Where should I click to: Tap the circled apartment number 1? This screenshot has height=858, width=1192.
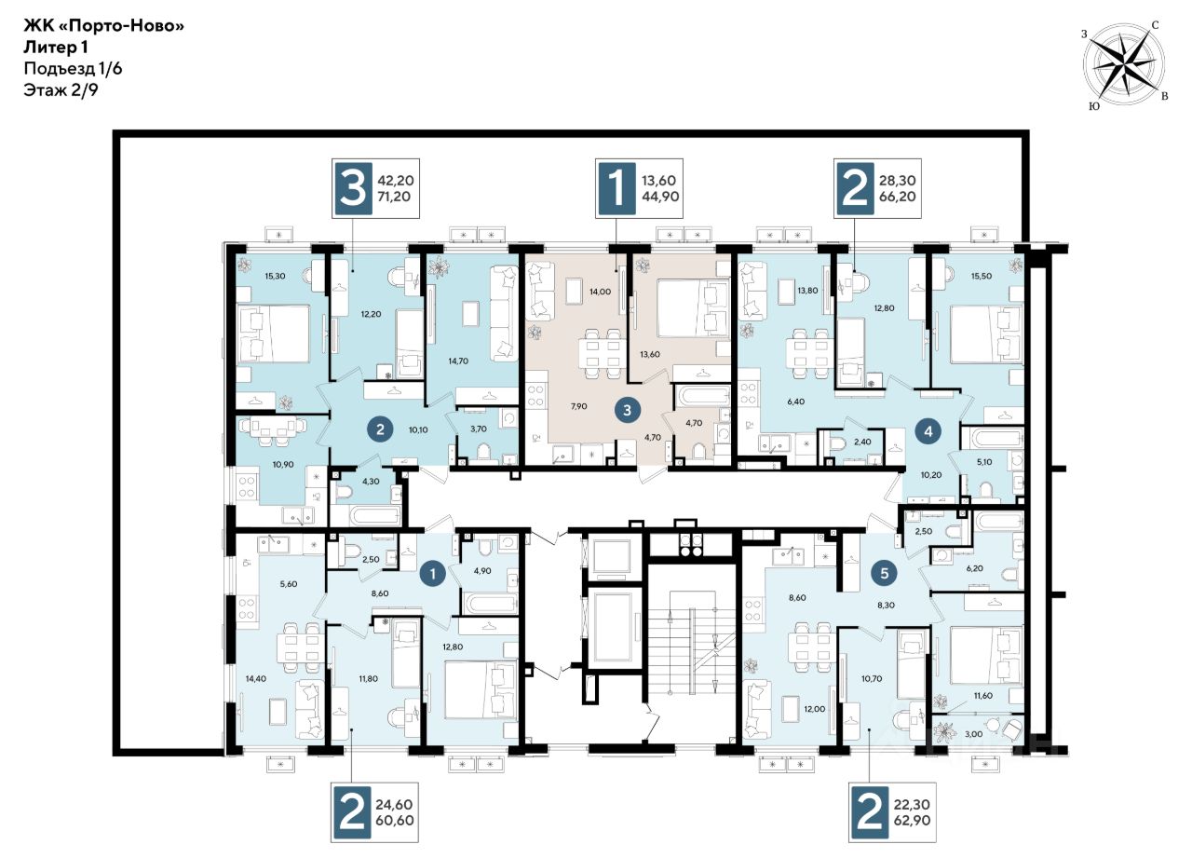(433, 574)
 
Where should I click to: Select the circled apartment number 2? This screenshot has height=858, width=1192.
(380, 429)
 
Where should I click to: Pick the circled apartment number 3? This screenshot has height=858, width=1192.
(628, 411)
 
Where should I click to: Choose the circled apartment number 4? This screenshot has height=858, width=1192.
(928, 431)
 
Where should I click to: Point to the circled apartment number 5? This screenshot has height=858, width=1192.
(885, 573)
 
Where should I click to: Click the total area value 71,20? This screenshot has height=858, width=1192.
(394, 197)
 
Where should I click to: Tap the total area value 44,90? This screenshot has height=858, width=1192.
(660, 197)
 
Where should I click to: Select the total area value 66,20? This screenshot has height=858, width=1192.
(898, 197)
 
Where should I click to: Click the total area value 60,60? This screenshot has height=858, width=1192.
(394, 821)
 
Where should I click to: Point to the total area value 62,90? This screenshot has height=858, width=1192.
(913, 821)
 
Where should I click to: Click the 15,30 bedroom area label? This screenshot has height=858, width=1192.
(275, 277)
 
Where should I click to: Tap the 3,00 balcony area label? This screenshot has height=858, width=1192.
(974, 734)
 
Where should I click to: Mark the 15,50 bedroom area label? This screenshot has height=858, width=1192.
(982, 277)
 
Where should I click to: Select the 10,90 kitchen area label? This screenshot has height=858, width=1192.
(283, 465)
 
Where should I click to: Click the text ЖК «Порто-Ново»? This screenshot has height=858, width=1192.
(103, 25)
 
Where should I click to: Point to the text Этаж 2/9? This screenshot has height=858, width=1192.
(61, 90)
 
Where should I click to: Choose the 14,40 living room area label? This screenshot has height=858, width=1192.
(256, 678)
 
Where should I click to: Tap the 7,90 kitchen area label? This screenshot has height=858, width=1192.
(579, 406)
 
